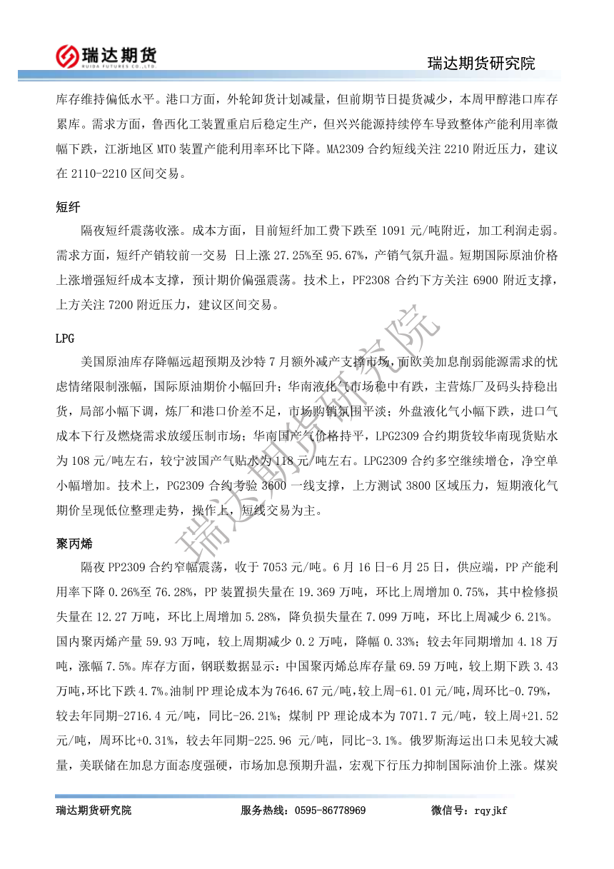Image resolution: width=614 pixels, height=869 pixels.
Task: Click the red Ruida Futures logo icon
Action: (x=68, y=54)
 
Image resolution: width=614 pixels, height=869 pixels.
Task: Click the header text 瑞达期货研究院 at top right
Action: (x=481, y=64)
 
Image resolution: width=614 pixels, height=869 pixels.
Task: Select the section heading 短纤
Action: (x=68, y=208)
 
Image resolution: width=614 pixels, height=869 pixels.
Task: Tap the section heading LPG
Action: (x=65, y=338)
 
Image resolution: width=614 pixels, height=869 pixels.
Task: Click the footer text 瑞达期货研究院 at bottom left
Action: (x=94, y=810)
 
